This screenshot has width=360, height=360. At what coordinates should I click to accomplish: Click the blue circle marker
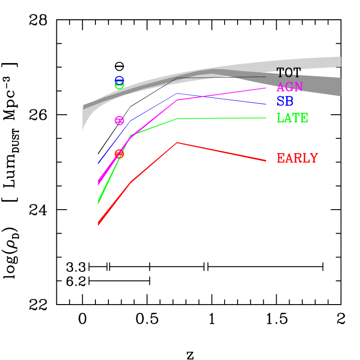[119, 80]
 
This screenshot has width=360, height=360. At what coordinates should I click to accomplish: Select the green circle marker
[120, 85]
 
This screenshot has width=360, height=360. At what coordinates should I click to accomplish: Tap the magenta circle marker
[120, 120]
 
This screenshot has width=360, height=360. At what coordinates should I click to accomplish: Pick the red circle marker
[120, 154]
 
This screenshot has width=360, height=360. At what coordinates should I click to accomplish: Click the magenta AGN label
[290, 87]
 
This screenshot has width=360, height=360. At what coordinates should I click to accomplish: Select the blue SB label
[285, 102]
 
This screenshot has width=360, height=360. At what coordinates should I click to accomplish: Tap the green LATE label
[293, 118]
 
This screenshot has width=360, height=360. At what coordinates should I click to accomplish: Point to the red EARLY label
[297, 159]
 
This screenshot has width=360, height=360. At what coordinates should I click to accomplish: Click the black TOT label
[289, 73]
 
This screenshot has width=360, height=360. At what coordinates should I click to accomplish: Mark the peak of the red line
[177, 143]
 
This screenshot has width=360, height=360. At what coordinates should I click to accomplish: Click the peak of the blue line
[177, 93]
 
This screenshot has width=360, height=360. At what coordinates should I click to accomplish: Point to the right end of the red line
[266, 160]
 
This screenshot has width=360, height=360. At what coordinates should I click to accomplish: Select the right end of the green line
[266, 118]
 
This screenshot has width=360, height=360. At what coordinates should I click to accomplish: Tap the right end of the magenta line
[266, 88]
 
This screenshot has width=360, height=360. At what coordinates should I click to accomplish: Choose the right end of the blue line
[266, 104]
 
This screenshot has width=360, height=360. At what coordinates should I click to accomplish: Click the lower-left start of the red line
[98, 224]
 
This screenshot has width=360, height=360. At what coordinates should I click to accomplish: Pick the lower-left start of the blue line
[98, 164]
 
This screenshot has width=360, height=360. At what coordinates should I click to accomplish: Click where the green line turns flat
[177, 119]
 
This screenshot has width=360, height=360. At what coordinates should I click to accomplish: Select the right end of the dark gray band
[340, 87]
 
